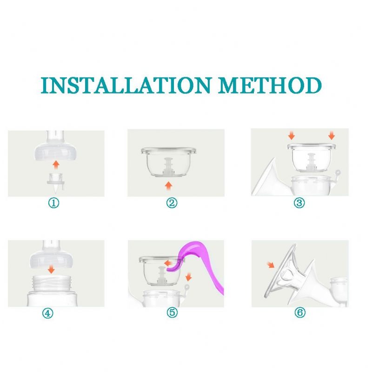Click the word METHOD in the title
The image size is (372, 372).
pos(270,85)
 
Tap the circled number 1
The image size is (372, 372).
pos(53,203)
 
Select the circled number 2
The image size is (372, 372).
pos(172,203)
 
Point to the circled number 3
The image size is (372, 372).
pos(299,203)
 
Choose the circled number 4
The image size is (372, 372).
pos(48,313)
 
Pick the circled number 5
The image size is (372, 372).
pos(172,312)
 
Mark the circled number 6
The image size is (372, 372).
pos(300,312)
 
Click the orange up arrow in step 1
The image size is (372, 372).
pos(56,165)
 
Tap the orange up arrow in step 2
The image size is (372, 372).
pos(168,186)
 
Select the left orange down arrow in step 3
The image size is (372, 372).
pos(292,136)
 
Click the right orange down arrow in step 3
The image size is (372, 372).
pos(332,136)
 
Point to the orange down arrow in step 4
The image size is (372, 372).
pos(51,269)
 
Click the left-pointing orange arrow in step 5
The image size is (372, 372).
pos(168,263)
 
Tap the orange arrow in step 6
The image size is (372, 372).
pos(271,265)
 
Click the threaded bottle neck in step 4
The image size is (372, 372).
pos(52,284)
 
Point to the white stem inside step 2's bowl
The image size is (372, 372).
pos(169,166)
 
